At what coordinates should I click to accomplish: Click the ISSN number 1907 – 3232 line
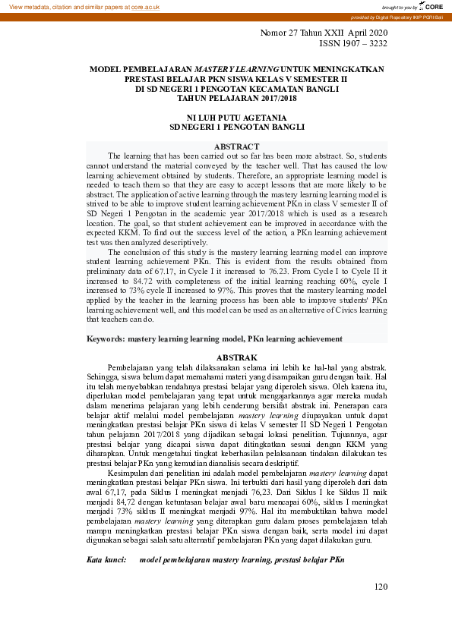click(x=352, y=43)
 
